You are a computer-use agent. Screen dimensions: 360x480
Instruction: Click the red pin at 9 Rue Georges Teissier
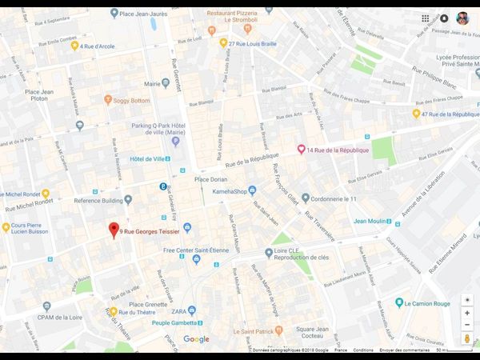[114, 230]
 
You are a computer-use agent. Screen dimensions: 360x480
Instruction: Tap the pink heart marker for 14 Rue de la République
[301, 150]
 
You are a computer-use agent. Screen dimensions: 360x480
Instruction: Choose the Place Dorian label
[210, 179]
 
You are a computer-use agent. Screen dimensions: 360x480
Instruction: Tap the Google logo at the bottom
[196, 339]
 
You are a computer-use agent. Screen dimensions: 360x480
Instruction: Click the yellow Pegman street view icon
[467, 339]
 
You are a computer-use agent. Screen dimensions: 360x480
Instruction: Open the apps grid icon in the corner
[426, 18]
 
